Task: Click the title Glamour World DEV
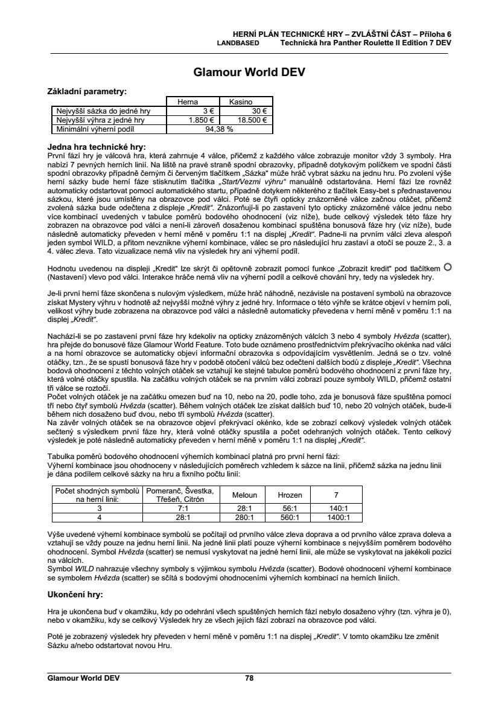[x=249, y=72]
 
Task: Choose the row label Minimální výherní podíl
[x=92, y=129]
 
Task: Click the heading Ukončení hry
[x=74, y=594]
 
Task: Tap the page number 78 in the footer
[x=249, y=678]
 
